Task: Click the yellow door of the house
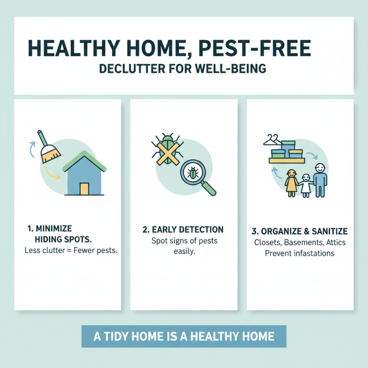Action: point(84,188)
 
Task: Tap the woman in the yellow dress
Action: point(291,182)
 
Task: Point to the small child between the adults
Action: point(305,184)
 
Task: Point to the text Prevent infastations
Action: point(299,253)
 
